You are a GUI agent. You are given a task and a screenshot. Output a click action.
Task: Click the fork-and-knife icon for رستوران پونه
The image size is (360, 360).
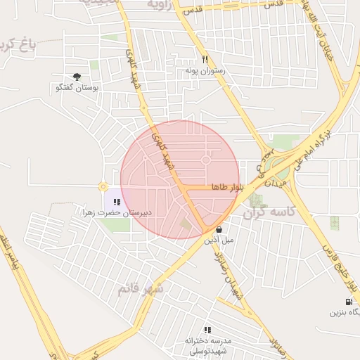[x=205, y=60]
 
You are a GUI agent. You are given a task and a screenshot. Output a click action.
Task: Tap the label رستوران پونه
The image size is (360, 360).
[x=205, y=70]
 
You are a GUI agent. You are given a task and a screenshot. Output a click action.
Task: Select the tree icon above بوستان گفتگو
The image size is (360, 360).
[x=77, y=77]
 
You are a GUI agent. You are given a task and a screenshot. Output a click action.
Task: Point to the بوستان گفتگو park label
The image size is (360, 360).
[x=77, y=88]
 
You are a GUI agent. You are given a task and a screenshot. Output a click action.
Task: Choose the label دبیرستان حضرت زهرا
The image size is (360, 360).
[x=117, y=212]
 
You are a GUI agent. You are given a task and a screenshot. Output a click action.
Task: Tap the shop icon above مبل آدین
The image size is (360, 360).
[x=219, y=229]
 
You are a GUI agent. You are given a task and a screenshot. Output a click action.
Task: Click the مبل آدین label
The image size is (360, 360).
[x=219, y=240]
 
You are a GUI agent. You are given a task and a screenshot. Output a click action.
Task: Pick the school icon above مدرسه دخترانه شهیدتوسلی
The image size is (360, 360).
[x=207, y=329]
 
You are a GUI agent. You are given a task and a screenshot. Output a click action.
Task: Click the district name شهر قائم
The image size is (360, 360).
[x=141, y=288]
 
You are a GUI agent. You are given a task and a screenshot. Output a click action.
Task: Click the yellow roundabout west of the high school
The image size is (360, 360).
[x=103, y=187]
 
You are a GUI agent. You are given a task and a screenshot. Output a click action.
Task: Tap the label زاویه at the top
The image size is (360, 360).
[x=158, y=4]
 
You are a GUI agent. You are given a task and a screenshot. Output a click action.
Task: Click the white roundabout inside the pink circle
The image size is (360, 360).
[x=206, y=160]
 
